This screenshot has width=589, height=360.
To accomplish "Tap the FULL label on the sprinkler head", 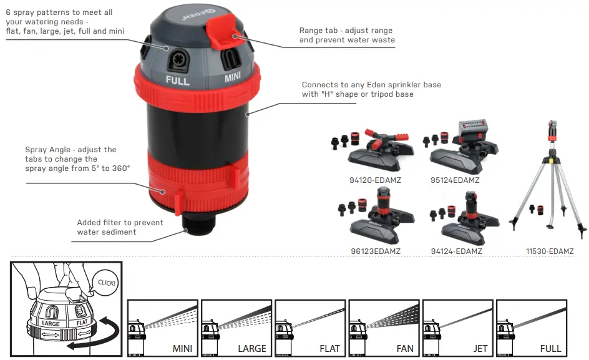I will click(178, 80).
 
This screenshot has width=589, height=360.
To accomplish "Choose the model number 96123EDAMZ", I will click(375, 251).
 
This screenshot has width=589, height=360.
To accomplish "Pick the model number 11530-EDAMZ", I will click(549, 251).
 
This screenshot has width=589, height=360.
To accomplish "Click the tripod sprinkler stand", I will click(550, 181).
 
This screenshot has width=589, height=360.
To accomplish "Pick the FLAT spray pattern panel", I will click(309, 327).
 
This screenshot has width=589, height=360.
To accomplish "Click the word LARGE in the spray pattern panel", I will click(251, 348).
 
